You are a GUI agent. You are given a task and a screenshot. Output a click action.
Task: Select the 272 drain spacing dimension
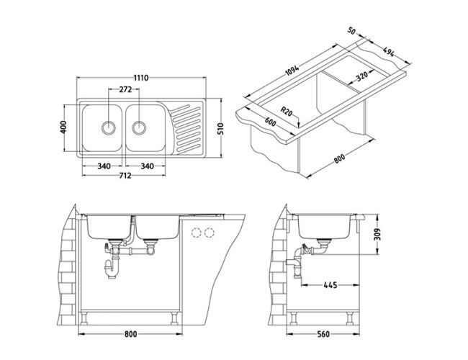pyautogui.click(x=125, y=91)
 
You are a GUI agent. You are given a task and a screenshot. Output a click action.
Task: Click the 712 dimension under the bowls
pyautogui.click(x=125, y=176)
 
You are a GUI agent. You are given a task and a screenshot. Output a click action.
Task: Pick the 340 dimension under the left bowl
pyautogui.click(x=103, y=166)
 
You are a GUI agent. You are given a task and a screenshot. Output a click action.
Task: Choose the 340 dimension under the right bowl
pyautogui.click(x=147, y=166)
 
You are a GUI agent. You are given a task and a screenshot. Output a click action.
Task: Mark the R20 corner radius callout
pyautogui.click(x=287, y=112)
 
